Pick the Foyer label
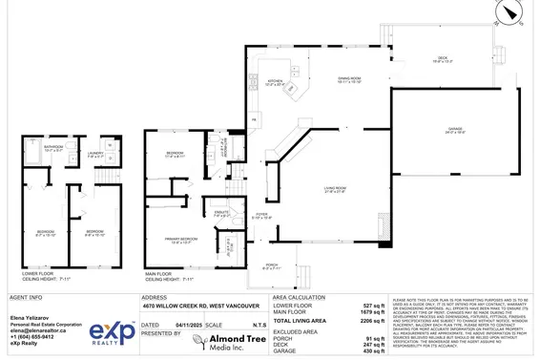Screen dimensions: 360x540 (x=262, y=215)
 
